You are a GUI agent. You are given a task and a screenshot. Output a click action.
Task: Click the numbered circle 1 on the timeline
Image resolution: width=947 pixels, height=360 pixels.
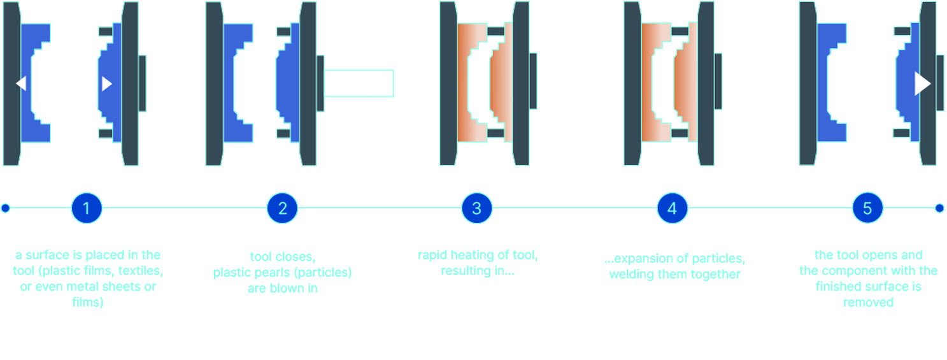87,208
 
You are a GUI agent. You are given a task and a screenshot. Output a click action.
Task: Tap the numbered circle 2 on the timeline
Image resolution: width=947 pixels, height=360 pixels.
282,208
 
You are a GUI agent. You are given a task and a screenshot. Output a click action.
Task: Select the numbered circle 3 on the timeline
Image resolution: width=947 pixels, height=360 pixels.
477,208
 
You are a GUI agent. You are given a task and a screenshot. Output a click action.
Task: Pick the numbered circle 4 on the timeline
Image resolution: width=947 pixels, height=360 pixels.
673,208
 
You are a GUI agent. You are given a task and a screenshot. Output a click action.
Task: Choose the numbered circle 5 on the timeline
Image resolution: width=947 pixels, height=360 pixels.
867,208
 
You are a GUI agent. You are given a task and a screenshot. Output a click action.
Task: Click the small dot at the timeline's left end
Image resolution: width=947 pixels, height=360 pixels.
6,208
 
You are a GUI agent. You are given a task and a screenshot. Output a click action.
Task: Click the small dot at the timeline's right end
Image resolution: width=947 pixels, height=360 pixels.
939,208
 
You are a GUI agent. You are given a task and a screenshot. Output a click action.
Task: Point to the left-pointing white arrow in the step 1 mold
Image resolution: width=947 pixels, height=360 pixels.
21,83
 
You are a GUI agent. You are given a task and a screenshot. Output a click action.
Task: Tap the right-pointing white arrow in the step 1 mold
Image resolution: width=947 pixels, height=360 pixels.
107,83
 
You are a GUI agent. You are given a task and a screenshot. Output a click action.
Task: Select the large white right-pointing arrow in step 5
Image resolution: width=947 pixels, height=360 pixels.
922,83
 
